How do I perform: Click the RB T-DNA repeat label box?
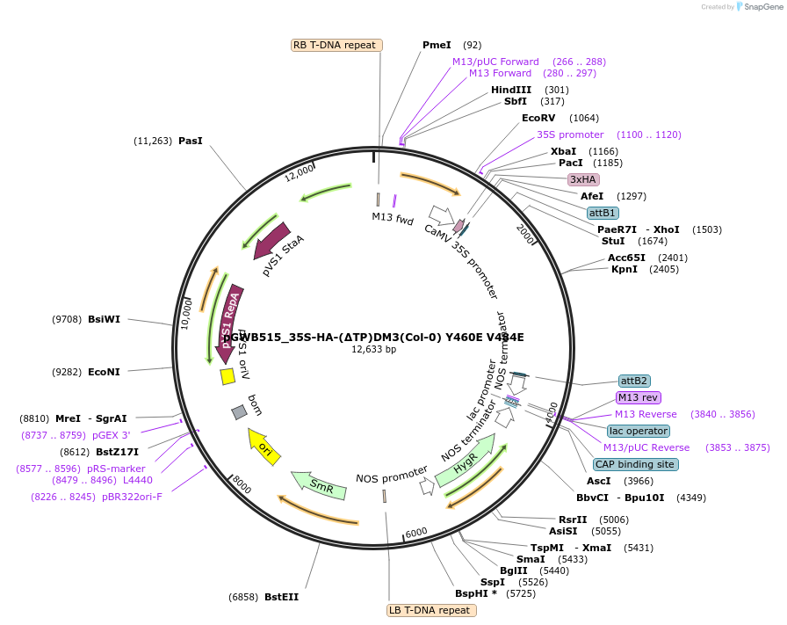(x=336, y=45)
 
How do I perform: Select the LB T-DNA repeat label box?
(x=431, y=610)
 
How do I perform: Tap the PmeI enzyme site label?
(x=437, y=45)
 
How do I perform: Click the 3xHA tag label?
(x=583, y=179)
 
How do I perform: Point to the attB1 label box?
(x=603, y=213)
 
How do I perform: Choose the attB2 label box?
(x=634, y=381)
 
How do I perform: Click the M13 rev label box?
(x=639, y=397)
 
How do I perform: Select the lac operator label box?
(x=638, y=431)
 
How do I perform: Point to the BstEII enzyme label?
(x=281, y=597)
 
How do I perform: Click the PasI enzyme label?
(x=191, y=141)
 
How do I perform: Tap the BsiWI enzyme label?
(x=104, y=319)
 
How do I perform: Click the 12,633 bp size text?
(x=373, y=349)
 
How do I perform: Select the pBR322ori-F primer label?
(x=132, y=497)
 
